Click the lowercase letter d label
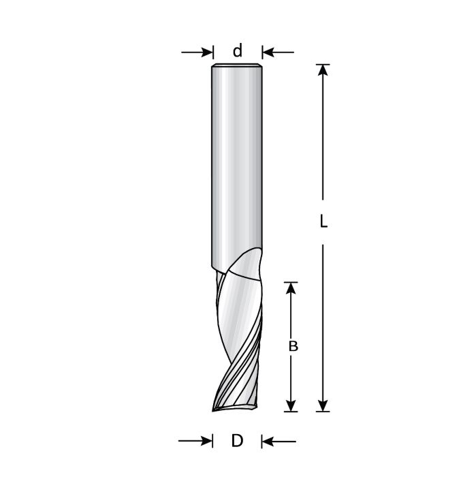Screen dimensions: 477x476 click(x=238, y=50)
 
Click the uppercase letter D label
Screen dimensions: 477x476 click(x=237, y=441)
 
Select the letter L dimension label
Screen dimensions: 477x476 click(x=323, y=222)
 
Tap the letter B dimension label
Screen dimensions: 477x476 click(x=293, y=345)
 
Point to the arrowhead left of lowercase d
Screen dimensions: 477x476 click(x=207, y=52)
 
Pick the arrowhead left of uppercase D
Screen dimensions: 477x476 click(x=206, y=442)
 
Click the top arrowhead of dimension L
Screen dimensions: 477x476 click(x=323, y=70)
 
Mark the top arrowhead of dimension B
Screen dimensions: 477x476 click(x=291, y=288)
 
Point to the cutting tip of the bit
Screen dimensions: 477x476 click(x=215, y=410)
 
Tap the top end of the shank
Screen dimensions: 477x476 click(x=237, y=66)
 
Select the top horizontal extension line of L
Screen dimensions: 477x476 click(x=323, y=64)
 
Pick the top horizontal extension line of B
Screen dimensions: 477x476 click(x=291, y=282)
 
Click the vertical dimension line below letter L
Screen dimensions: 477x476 click(x=323, y=320)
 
